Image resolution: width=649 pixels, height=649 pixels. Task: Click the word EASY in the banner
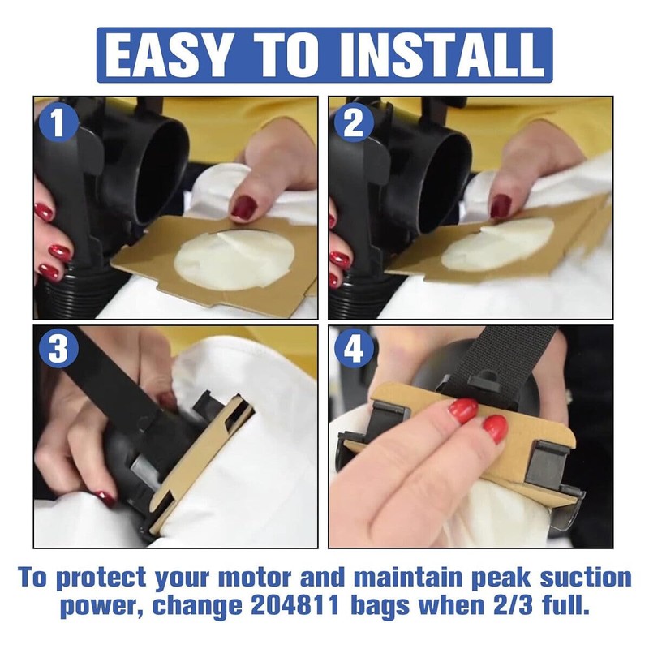click(x=166, y=56)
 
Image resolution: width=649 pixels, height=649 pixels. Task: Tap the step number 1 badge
click(x=58, y=123)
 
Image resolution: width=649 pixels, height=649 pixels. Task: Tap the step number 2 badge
click(x=353, y=123)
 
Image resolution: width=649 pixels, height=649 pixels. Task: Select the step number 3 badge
click(x=58, y=348)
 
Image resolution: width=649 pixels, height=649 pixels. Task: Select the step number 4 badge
click(x=353, y=348)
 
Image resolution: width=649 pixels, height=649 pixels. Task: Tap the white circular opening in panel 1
click(x=234, y=260)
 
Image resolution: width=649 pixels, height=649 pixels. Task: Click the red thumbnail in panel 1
click(x=244, y=208)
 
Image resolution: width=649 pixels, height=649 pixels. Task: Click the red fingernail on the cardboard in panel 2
click(x=501, y=206)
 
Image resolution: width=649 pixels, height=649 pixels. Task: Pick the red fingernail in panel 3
click(x=106, y=499)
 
